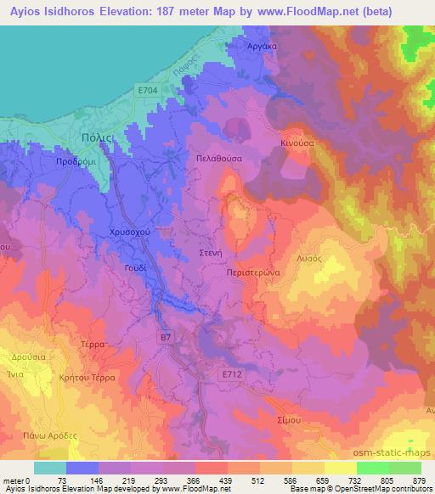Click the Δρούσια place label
(x=27, y=357)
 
